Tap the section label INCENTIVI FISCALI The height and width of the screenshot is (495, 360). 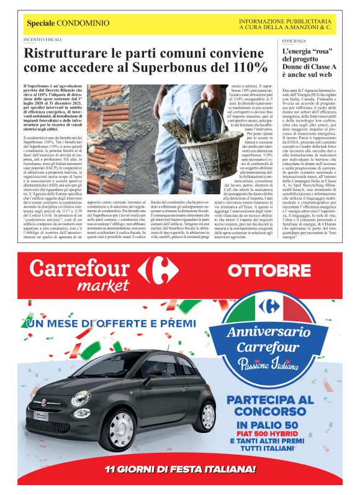42,39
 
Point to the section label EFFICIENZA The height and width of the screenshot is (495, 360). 294,39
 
